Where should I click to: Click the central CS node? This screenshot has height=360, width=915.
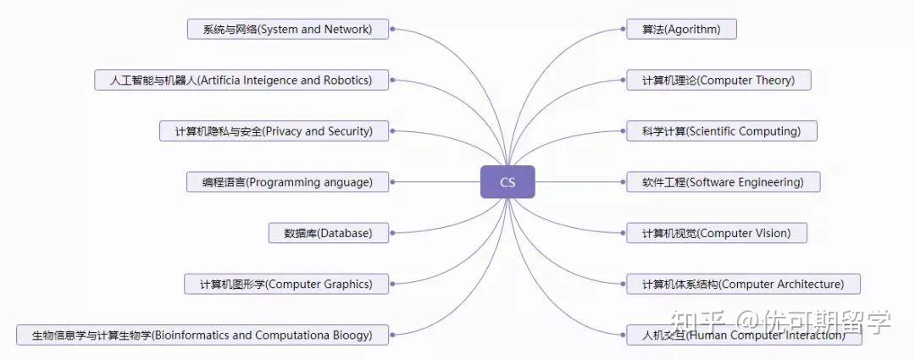pos(507,182)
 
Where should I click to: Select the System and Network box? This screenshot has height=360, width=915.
pos(287,30)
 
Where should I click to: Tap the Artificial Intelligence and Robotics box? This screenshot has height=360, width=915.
pos(241,80)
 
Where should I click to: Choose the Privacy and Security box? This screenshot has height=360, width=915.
pos(274,131)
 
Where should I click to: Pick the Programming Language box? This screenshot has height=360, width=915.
pos(287,182)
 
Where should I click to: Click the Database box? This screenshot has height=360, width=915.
pos(328,233)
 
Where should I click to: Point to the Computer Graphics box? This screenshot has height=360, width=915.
pos(286,284)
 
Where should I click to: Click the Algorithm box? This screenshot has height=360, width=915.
pos(681,30)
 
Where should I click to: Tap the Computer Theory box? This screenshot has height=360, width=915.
pos(718,80)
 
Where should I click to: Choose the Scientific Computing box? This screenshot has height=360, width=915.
pos(721,131)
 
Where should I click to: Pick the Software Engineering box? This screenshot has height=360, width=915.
pos(723,182)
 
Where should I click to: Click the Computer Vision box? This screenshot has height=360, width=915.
pos(716,233)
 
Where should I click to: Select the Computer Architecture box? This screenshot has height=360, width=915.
pos(743,284)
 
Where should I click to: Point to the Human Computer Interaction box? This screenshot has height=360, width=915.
pos(743,335)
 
